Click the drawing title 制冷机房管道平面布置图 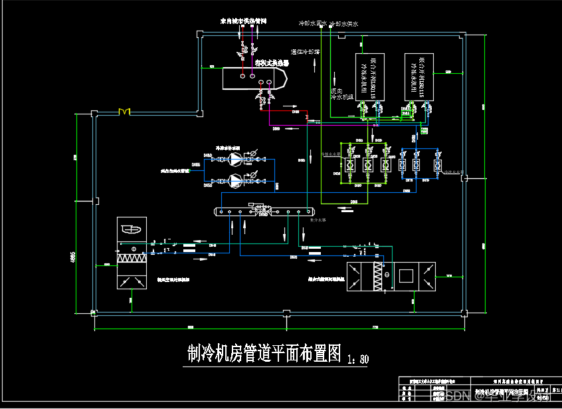click(264, 353)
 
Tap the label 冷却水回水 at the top click(313, 23)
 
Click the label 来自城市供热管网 click(244, 21)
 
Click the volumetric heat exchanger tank click(252, 77)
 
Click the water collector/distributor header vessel click(262, 211)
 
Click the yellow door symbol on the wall click(124, 112)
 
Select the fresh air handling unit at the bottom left click(132, 253)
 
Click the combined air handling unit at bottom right click(392, 277)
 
